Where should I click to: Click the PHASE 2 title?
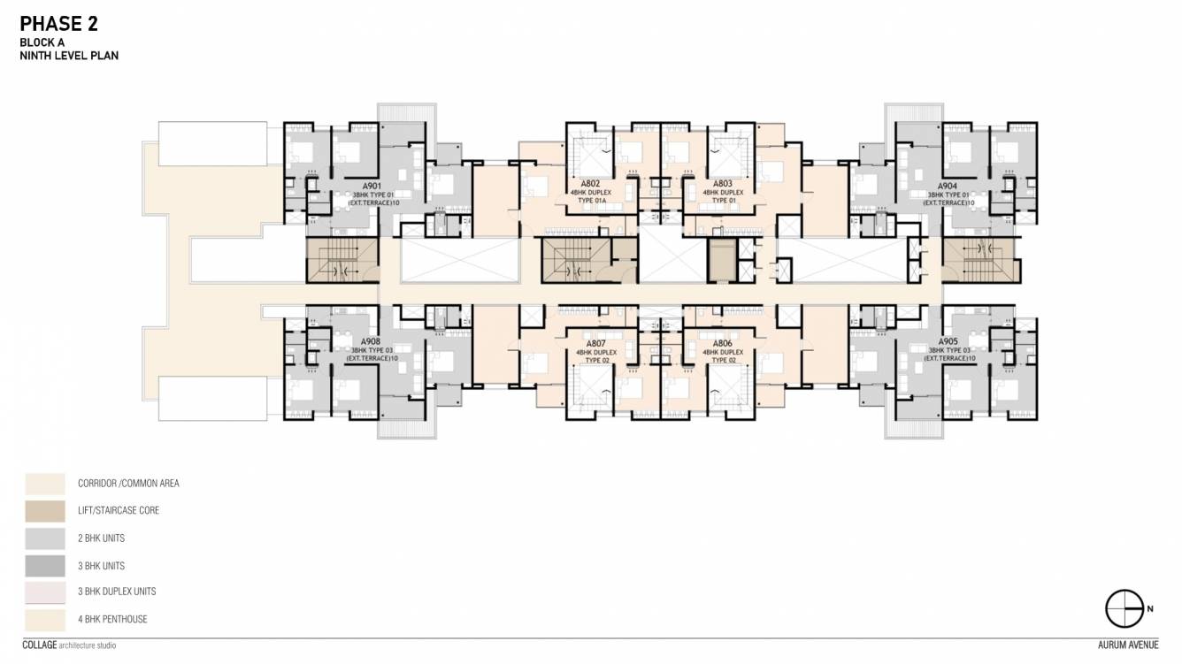tap(59, 23)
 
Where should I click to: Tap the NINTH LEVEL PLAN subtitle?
tap(69, 55)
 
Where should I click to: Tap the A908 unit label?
tap(371, 341)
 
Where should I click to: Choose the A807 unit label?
tap(595, 344)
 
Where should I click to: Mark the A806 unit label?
tap(723, 344)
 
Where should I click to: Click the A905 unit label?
tap(948, 341)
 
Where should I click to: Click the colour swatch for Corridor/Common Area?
tap(44, 484)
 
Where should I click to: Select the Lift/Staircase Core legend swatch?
tap(44, 511)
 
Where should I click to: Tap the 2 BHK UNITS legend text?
tap(101, 538)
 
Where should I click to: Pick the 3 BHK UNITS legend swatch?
tap(44, 566)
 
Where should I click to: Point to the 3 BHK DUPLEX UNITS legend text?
tap(117, 591)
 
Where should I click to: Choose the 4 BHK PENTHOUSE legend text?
tap(112, 619)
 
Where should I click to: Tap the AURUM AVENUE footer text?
tap(1123, 645)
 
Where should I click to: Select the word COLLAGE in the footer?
tap(39, 645)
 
